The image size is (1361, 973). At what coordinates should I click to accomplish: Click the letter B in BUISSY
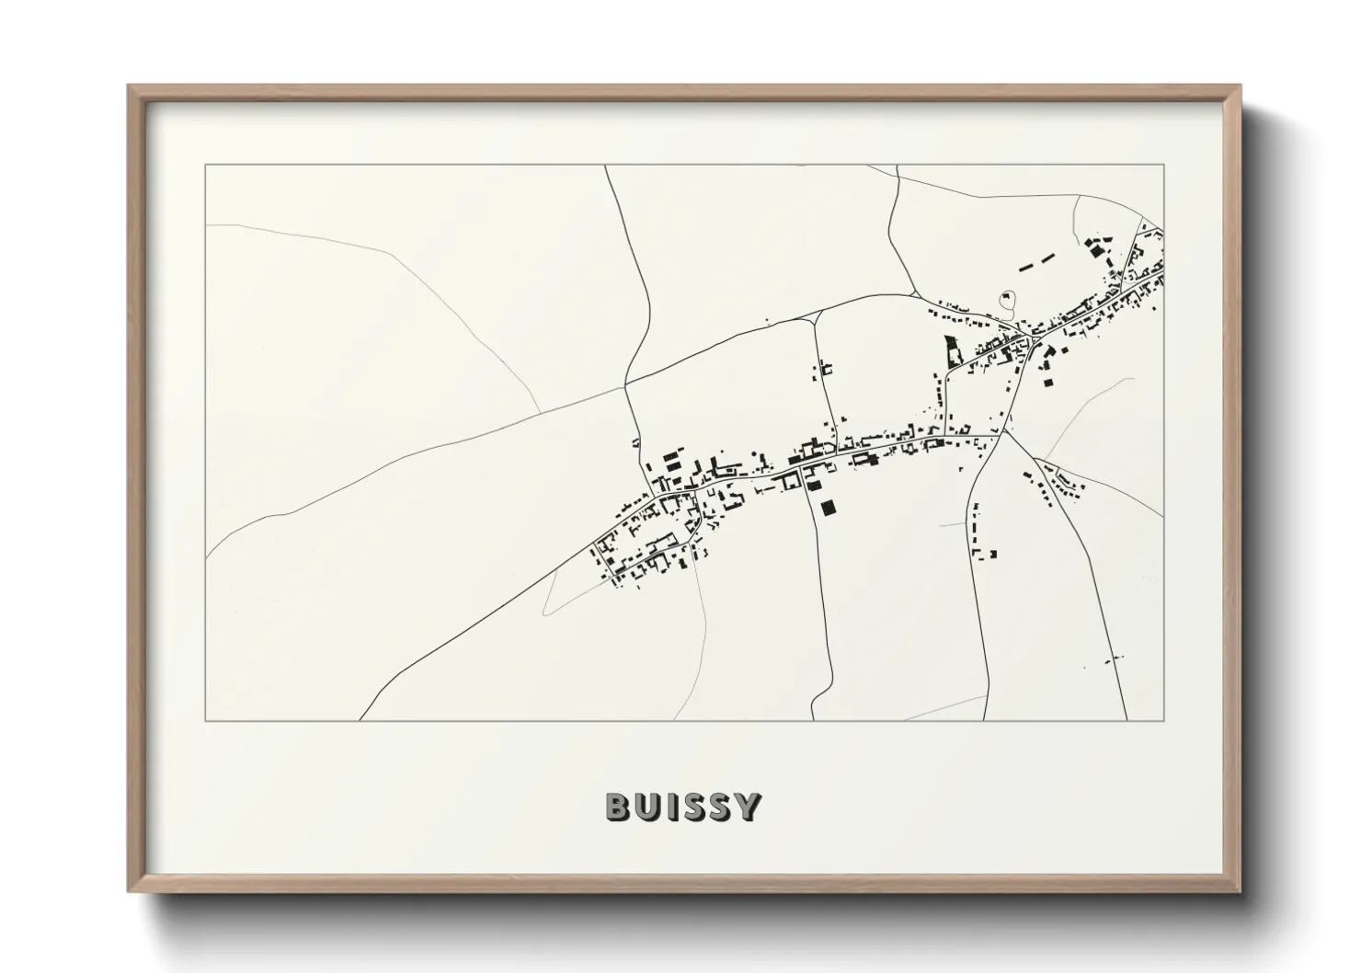coord(617,807)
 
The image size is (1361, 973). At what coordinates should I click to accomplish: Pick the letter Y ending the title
coord(748,807)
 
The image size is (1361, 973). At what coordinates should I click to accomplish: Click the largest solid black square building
coord(830,507)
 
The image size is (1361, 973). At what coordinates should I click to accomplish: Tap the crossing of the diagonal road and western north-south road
coord(626,383)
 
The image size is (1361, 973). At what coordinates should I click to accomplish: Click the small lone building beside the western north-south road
coord(635,443)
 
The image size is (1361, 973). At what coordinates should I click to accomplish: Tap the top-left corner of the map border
coord(206,166)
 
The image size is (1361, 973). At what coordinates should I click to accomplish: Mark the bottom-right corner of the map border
coord(1163,720)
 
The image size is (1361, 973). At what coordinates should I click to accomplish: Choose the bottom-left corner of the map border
coord(206,720)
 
